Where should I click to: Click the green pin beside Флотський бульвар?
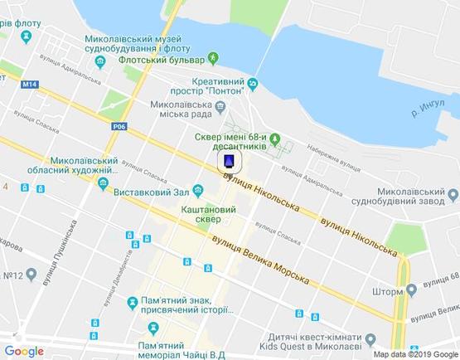[x=213, y=58]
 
